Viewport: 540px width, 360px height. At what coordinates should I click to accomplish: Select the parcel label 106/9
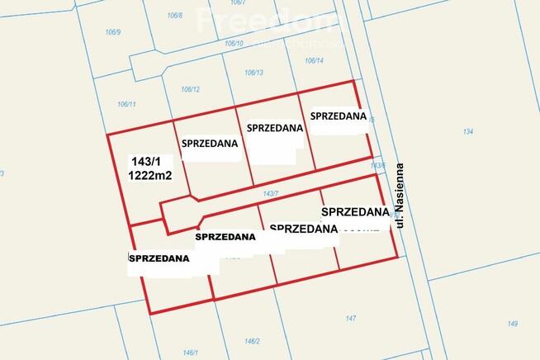113,32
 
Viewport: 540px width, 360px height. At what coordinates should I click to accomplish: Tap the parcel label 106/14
314,60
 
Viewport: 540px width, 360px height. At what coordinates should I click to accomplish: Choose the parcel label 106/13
253,73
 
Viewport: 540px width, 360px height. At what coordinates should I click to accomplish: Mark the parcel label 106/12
191,89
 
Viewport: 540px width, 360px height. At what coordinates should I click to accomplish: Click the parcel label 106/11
126,103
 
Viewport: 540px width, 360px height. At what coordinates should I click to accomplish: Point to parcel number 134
468,131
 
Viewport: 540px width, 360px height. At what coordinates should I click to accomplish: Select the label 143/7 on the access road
271,194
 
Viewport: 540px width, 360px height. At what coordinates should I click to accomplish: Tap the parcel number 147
350,318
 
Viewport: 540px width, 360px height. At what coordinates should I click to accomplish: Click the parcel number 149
513,323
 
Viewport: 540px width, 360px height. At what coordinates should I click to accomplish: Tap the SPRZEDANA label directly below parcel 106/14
339,116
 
